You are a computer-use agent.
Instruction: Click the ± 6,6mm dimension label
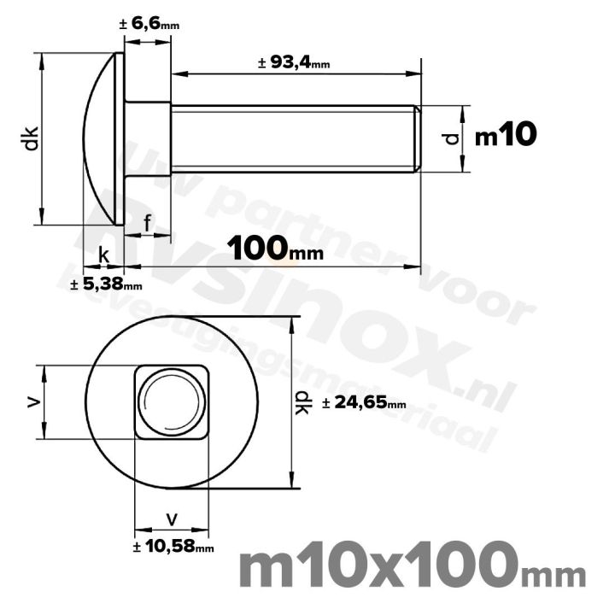point(149,26)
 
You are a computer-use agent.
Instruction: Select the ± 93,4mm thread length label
point(293,61)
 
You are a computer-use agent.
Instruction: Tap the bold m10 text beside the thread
point(505,135)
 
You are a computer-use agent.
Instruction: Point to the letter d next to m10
point(454,138)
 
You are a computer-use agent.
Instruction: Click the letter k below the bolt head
point(103,255)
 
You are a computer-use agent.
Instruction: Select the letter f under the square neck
point(148,224)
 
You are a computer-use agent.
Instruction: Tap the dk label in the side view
point(31,138)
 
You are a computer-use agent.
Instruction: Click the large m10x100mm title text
point(413,569)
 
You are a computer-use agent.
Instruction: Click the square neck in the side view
point(148,138)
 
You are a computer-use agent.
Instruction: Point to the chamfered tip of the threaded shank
point(417,138)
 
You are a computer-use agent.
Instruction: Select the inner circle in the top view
point(172,401)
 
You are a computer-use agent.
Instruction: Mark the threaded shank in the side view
point(290,138)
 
